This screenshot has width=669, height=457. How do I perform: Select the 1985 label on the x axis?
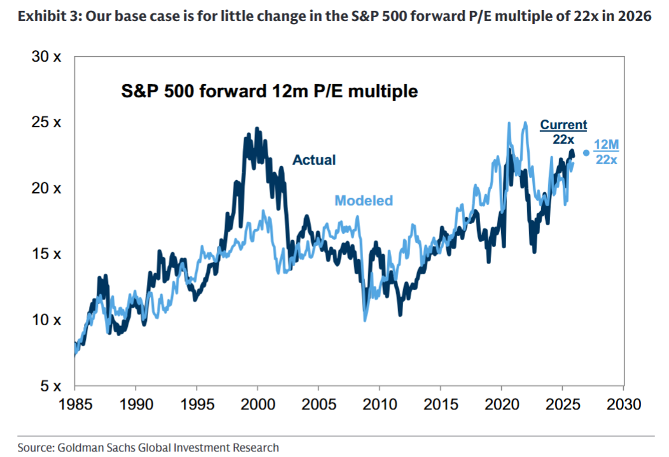coord(74,405)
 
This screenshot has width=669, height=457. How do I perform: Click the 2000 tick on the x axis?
coord(258,405)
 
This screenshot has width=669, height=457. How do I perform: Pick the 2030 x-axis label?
coord(623,405)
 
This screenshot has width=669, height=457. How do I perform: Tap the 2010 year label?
coord(380,405)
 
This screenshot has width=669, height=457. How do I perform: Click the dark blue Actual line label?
coord(314,160)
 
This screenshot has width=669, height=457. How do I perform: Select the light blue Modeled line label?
coord(364,200)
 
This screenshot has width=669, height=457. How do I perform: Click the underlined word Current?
coord(563,125)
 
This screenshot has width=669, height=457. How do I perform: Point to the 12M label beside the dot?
coord(605,144)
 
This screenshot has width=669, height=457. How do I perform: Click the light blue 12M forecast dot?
coord(586,153)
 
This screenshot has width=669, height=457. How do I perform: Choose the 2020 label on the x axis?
coord(502,405)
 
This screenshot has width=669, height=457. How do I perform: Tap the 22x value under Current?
coord(563,139)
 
